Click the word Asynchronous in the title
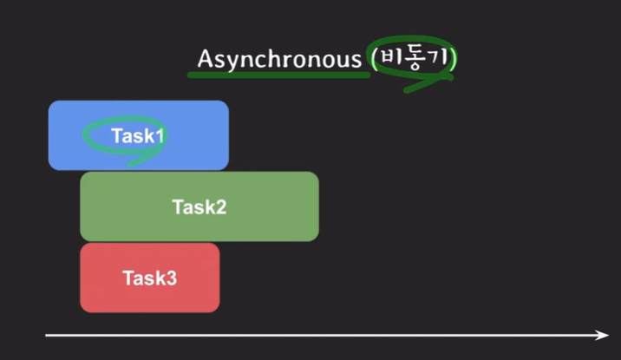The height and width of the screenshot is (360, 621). click(x=278, y=59)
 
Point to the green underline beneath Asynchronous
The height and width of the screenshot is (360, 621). click(x=278, y=75)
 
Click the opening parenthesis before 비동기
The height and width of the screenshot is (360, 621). click(x=374, y=59)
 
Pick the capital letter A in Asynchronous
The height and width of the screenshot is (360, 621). click(x=205, y=58)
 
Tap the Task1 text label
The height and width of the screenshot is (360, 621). click(x=137, y=135)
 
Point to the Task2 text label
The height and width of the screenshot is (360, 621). click(x=199, y=207)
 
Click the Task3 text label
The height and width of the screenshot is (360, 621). click(x=149, y=278)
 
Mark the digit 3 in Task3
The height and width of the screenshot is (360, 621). click(x=172, y=278)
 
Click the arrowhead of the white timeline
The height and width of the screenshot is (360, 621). click(x=603, y=335)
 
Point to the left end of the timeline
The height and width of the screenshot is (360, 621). click(x=48, y=335)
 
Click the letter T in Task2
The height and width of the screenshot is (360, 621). click(x=177, y=207)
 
